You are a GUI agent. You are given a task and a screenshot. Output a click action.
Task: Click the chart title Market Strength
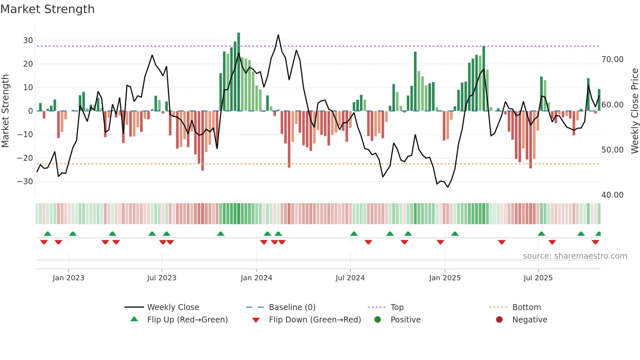[x=47, y=9]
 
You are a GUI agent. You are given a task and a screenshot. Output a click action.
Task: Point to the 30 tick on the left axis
[x=28, y=41]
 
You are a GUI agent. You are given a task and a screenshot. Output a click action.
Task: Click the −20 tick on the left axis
[x=25, y=158]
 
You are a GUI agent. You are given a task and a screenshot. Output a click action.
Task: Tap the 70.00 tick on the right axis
[x=612, y=59]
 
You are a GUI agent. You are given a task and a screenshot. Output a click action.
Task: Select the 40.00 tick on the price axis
[x=612, y=195]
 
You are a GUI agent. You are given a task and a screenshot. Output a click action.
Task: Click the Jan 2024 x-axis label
[x=256, y=278]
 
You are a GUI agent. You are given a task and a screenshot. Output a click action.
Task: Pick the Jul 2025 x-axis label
[x=538, y=278]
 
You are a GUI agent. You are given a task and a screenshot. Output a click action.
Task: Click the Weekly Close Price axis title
[x=634, y=111]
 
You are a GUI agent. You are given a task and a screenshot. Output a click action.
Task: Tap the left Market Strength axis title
[x=5, y=111]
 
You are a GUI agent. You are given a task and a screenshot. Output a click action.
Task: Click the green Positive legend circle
[x=378, y=320]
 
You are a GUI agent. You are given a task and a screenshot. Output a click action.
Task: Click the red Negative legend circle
[x=499, y=320]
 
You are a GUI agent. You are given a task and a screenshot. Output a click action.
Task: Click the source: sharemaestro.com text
[x=575, y=256]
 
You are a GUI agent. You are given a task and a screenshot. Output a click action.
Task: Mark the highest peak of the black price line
[x=278, y=35]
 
